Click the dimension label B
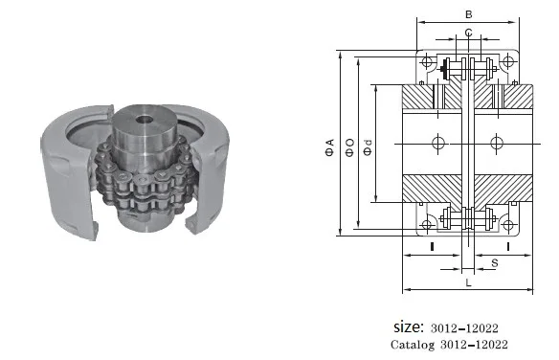click(x=467, y=15)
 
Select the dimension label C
click(x=467, y=34)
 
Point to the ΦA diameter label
click(x=329, y=146)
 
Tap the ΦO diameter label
click(x=350, y=146)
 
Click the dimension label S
click(x=494, y=259)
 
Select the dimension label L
click(x=467, y=283)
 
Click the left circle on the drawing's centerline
click(x=438, y=143)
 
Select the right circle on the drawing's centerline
click(x=496, y=143)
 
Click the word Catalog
click(x=414, y=344)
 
